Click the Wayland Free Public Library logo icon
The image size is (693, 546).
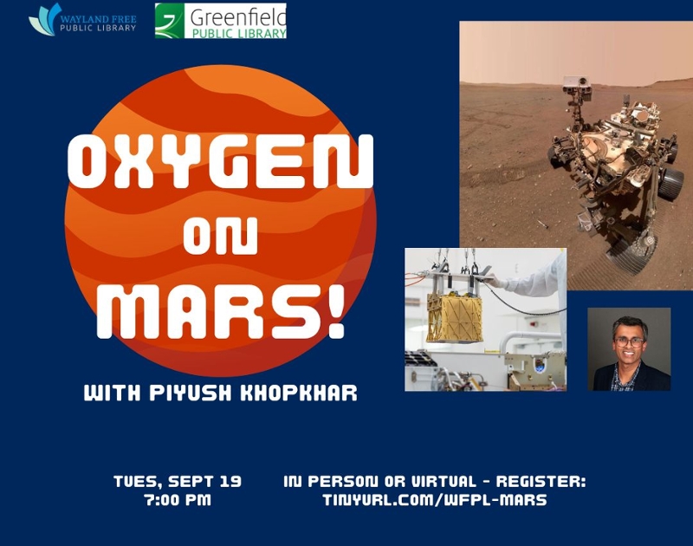point(45,19)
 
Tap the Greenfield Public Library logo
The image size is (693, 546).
point(221,21)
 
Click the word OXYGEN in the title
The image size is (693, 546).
point(221,162)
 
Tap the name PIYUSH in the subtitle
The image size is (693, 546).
point(191,393)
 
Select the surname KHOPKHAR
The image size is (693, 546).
point(298,393)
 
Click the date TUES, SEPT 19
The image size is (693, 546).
point(178,481)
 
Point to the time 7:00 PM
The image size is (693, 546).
point(178,500)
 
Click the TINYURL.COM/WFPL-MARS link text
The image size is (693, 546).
point(435,500)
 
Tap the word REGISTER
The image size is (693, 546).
point(541,481)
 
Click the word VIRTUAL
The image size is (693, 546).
point(444,481)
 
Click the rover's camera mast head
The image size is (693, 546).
point(577,85)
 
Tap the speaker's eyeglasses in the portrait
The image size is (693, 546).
point(630,342)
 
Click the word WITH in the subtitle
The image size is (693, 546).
point(113,393)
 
